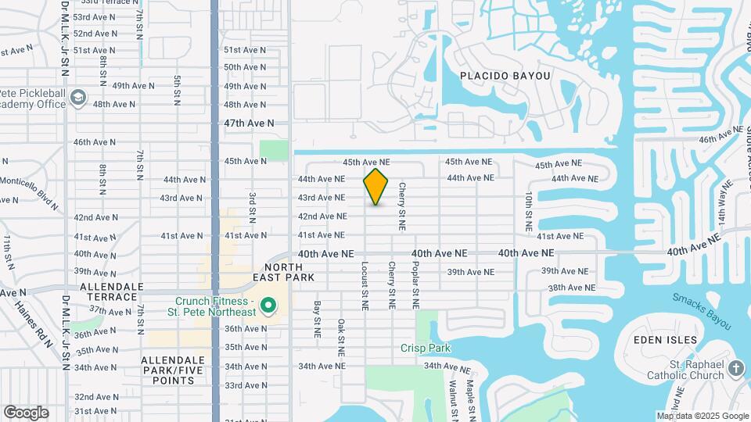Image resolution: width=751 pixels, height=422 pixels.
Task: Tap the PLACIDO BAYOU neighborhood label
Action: point(505,76)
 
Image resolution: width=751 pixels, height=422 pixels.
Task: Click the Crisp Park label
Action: point(426,348)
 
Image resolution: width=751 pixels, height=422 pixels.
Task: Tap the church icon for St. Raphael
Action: point(736,368)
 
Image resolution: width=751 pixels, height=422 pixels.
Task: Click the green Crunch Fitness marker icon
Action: point(268,306)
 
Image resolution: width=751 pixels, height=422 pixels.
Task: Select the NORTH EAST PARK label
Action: point(284,271)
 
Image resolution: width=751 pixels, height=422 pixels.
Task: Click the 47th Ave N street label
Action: point(249,123)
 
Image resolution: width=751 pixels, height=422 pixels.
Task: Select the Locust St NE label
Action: point(365,285)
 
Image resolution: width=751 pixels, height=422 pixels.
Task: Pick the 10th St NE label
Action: point(529,210)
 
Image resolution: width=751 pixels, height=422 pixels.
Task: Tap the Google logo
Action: point(26,413)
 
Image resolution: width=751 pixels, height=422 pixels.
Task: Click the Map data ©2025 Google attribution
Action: point(702,416)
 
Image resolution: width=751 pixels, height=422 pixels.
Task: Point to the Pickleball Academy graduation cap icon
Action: point(78,98)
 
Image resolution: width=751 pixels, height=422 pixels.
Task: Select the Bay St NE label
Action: point(318,320)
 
